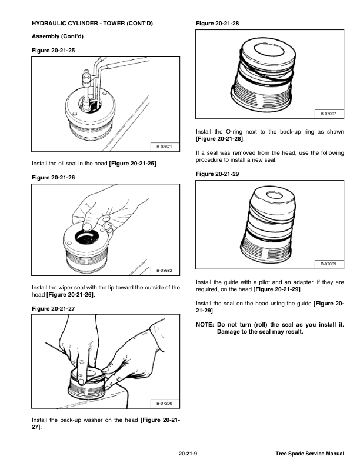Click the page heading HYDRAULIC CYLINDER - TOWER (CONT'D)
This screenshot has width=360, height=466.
click(92, 24)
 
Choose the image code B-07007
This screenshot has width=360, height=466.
click(328, 114)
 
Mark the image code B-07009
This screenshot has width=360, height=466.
click(328, 264)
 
